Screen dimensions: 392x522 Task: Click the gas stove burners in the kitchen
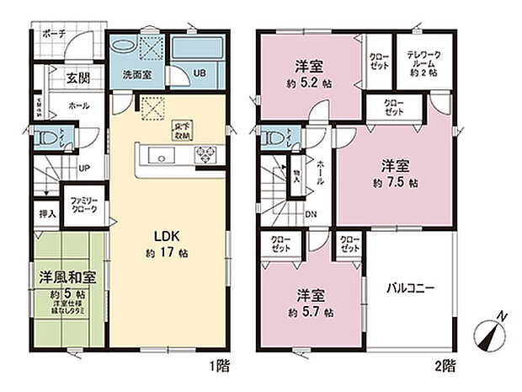pyautogui.click(x=205, y=155)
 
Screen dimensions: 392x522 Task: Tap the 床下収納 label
pyautogui.click(x=183, y=128)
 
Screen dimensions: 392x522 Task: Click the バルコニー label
pyautogui.click(x=410, y=287)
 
